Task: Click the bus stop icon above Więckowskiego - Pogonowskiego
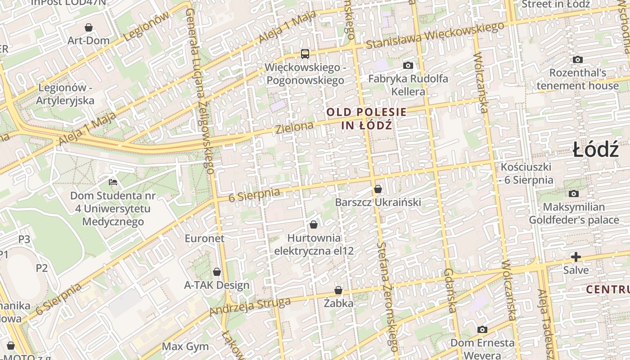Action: tap(305, 54)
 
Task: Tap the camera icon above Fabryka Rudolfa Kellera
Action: tap(408, 66)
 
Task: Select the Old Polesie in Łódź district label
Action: tap(366, 118)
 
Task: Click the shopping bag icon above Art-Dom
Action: tap(89, 27)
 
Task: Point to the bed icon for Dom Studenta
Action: tap(113, 182)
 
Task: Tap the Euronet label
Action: tap(204, 238)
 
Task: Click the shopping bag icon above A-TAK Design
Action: tap(217, 272)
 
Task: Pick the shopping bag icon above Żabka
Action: tap(338, 291)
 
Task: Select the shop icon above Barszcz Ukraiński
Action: tap(378, 189)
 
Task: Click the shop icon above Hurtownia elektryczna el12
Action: tap(314, 224)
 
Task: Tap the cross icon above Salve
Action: tap(576, 257)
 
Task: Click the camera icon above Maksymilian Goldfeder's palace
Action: tap(574, 193)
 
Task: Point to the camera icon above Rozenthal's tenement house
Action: tap(578, 59)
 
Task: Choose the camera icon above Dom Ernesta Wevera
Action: tap(482, 329)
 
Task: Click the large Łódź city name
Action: tap(596, 149)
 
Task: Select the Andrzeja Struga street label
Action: tap(250, 306)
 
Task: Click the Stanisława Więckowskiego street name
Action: tap(435, 36)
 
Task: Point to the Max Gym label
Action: tap(185, 346)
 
